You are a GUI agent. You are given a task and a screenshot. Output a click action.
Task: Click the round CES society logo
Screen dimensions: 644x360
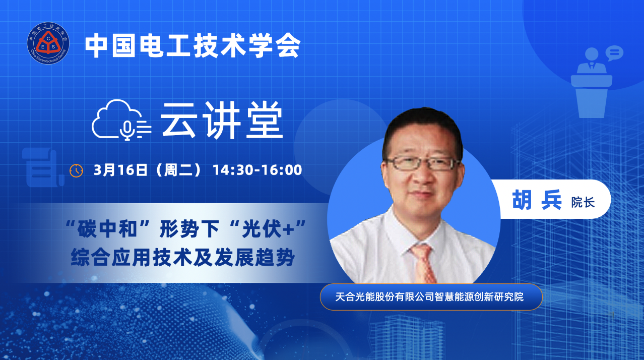click(x=48, y=43)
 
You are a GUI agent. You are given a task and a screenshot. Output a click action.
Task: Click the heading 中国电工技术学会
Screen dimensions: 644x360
click(x=193, y=46)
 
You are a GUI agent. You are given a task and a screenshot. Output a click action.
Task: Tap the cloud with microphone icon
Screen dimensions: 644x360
click(x=121, y=120)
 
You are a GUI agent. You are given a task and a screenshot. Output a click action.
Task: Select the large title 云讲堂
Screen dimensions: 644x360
click(x=222, y=121)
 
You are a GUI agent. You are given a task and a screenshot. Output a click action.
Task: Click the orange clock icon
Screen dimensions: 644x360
click(x=76, y=170)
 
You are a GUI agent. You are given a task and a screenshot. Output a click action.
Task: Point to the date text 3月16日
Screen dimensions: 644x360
click(x=121, y=170)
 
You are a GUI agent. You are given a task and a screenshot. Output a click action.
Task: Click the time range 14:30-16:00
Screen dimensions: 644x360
click(x=257, y=170)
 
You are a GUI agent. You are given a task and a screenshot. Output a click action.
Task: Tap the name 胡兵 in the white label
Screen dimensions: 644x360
click(x=537, y=200)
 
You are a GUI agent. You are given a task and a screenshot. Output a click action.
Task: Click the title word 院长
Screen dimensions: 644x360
click(x=583, y=202)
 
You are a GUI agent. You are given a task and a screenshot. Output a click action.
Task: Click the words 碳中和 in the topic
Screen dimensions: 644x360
click(x=107, y=229)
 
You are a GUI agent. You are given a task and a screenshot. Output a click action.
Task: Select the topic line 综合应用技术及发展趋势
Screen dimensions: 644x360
click(x=183, y=257)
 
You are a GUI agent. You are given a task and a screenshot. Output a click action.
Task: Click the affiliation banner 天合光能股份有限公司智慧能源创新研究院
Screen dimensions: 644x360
click(x=431, y=297)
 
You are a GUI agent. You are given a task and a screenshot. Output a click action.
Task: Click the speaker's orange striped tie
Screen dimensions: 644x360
click(x=424, y=263)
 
